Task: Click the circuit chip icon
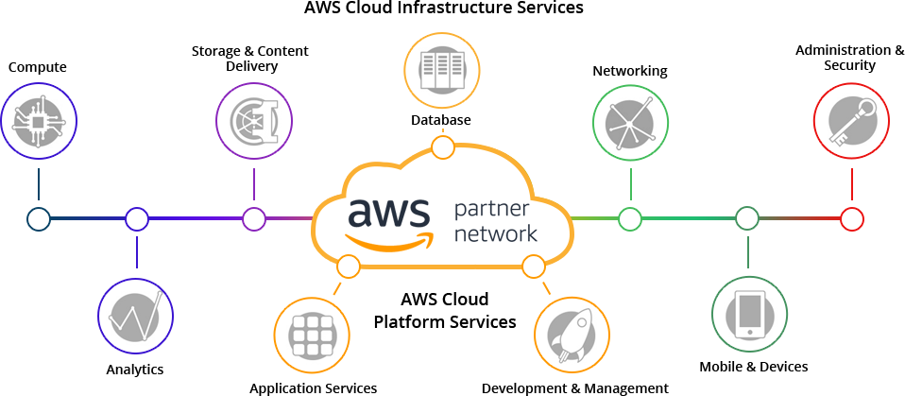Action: coord(39,121)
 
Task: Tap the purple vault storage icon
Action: coord(253,120)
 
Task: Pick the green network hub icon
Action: coord(630,121)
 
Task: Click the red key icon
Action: coord(851,120)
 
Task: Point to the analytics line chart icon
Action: coord(135,318)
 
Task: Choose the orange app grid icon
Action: coord(312,335)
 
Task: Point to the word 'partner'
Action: coord(497,208)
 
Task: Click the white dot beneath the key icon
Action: coord(851,219)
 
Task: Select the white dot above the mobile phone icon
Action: coord(747,219)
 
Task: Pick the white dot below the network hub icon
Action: coord(630,219)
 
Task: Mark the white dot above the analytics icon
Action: coord(137,219)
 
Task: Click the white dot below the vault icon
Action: coord(253,219)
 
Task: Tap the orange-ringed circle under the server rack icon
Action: coord(442,147)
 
